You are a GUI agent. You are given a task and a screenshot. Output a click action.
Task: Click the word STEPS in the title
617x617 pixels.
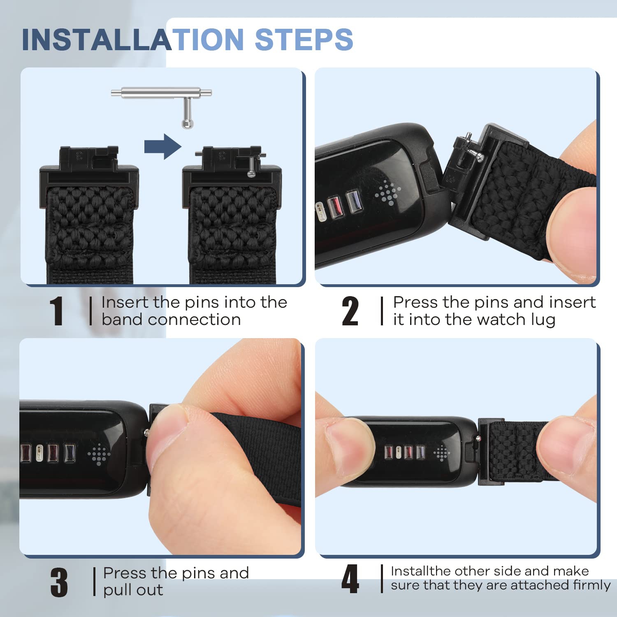304,39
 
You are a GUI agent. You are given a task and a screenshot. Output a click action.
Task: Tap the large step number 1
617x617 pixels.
56,311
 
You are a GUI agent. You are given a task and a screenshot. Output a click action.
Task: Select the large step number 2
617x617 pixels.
350,311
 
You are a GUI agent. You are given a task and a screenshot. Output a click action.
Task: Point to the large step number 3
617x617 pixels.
59,582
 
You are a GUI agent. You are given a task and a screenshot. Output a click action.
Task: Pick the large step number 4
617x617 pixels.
350,579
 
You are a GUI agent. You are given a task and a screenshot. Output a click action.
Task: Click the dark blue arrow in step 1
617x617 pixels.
163,146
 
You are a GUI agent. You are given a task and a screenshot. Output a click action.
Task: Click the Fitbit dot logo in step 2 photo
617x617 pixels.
387,192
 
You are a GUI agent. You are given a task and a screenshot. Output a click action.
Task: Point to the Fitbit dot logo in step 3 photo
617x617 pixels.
99,455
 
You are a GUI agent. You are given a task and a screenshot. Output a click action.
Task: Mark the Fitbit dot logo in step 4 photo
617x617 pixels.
441,453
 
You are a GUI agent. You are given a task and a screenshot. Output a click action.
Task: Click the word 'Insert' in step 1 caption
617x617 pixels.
125,302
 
